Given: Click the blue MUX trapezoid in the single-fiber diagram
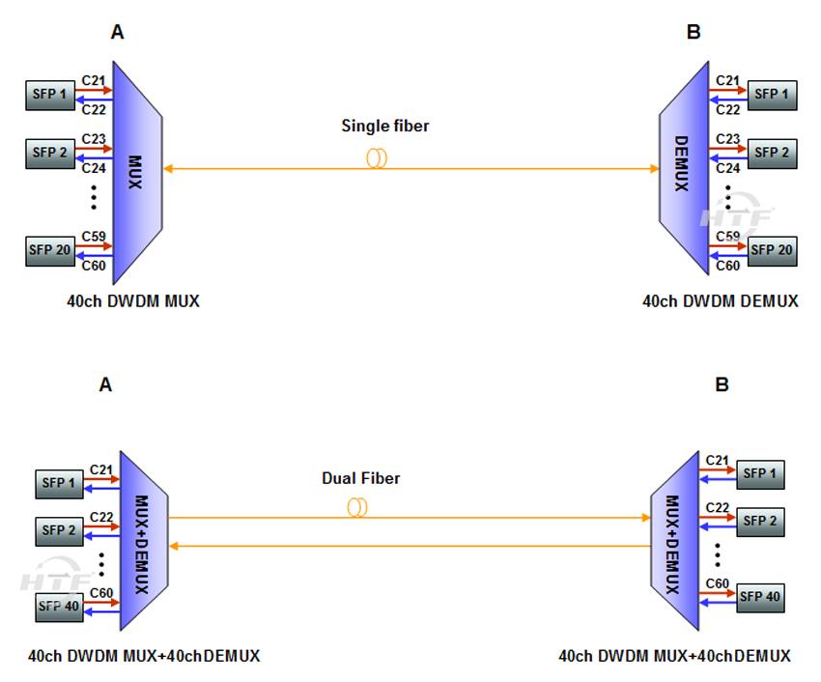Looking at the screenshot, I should pyautogui.click(x=135, y=170).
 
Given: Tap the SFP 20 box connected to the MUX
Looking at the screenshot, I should pyautogui.click(x=49, y=250).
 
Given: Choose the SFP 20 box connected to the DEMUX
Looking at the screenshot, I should pyautogui.click(x=771, y=250).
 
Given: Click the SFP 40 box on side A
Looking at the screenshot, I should pyautogui.click(x=59, y=608).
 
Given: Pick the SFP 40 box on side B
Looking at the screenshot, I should pyautogui.click(x=759, y=596).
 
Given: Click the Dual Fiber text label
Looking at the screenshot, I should pyautogui.click(x=360, y=478).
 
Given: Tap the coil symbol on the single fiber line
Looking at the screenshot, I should pyautogui.click(x=376, y=158).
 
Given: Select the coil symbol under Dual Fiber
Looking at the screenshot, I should pyautogui.click(x=357, y=507).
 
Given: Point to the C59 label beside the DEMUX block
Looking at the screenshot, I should pyautogui.click(x=728, y=236).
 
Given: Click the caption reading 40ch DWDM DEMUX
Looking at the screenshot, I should pyautogui.click(x=720, y=300).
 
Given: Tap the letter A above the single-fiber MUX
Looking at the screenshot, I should pyautogui.click(x=117, y=33).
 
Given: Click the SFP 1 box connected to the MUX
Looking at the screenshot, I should pyautogui.click(x=49, y=94).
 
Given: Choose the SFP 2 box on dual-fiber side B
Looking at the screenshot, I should pyautogui.click(x=759, y=520).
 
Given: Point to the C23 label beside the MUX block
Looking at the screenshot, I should pyautogui.click(x=94, y=139).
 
